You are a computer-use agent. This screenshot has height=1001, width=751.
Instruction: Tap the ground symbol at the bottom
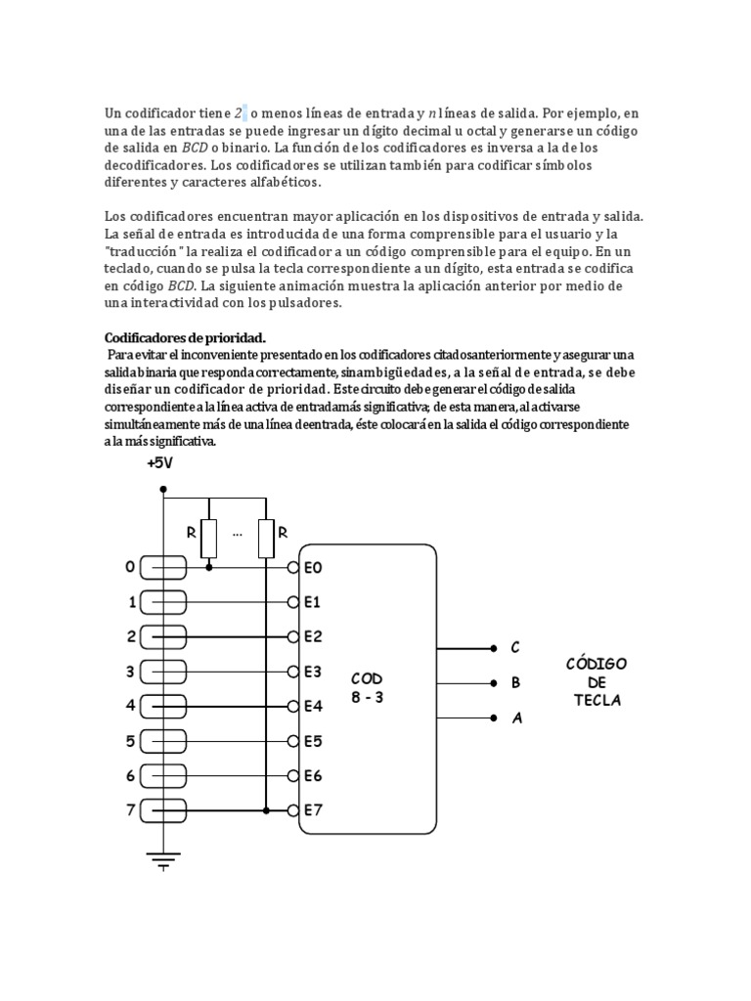click(163, 860)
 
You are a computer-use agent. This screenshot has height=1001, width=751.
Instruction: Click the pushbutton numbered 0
click(163, 567)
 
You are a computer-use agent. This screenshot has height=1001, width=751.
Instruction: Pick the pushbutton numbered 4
click(163, 705)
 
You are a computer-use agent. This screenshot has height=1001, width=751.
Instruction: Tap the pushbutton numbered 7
click(163, 809)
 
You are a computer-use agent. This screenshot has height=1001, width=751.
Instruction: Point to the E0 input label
click(313, 567)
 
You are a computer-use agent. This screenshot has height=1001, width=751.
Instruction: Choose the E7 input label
click(313, 809)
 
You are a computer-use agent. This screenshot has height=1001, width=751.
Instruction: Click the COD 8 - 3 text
click(367, 688)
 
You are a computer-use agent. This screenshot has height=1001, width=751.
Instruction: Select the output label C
click(515, 648)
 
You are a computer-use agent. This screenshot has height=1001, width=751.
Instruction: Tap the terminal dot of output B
click(493, 683)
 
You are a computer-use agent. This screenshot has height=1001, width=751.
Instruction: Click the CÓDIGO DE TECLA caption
click(596, 682)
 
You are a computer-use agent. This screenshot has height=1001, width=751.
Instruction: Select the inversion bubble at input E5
click(293, 741)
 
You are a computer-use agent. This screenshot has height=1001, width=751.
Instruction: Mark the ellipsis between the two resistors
click(238, 534)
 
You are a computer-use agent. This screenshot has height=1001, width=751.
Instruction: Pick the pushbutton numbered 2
click(163, 636)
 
